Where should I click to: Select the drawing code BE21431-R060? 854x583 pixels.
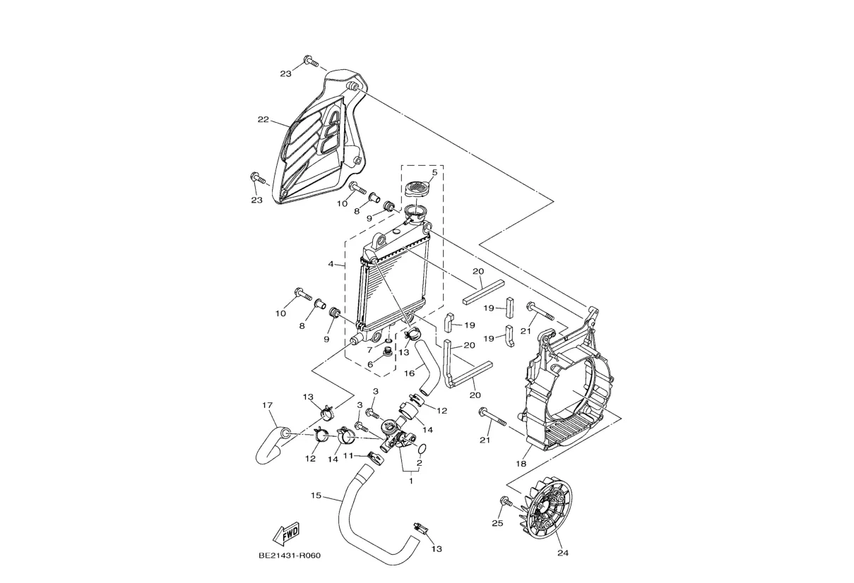(x=290, y=555)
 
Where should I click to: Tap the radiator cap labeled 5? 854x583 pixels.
(x=417, y=189)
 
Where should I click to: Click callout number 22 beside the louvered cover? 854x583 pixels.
(x=263, y=119)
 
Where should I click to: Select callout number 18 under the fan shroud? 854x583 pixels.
(x=521, y=464)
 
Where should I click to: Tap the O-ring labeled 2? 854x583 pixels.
(x=422, y=450)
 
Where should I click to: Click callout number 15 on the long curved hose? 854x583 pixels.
(x=316, y=495)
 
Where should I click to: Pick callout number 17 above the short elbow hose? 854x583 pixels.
(x=268, y=405)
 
